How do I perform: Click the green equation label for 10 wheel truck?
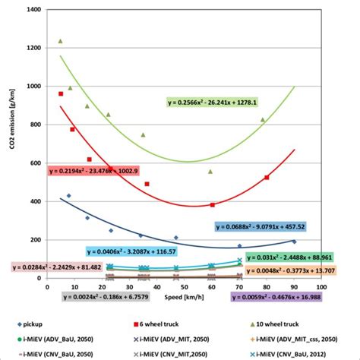coord(213,103)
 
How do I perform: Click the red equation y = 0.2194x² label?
coord(93,172)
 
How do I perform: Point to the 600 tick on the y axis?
coord(34,163)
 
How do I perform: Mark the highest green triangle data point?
coord(60,41)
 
